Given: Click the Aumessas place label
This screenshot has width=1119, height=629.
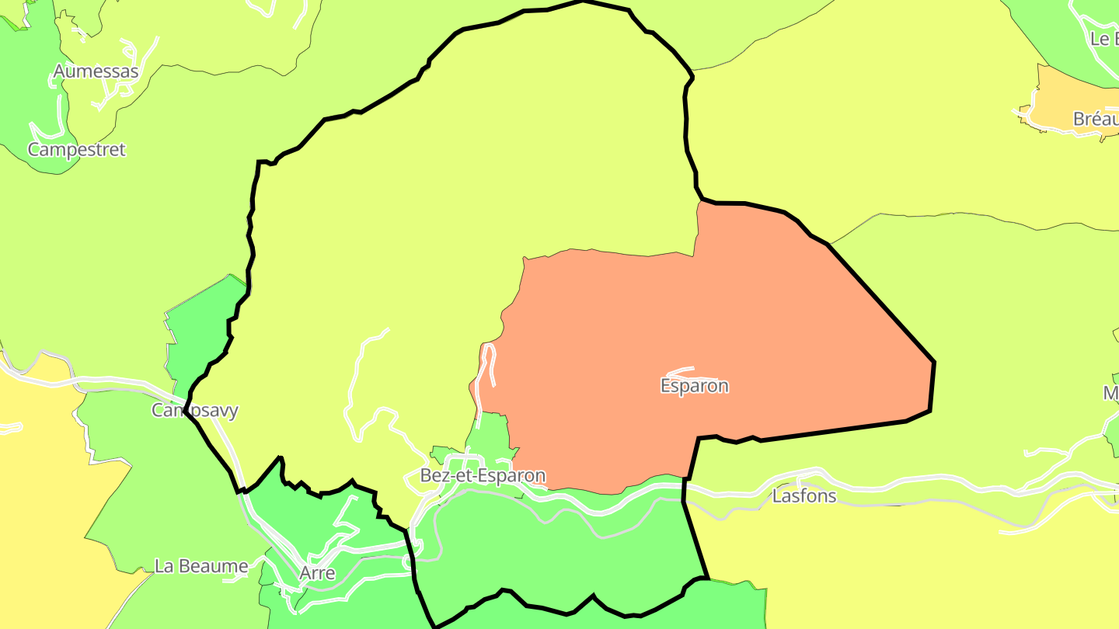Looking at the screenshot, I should [x=96, y=72].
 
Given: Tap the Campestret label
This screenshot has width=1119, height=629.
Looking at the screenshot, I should [x=76, y=149].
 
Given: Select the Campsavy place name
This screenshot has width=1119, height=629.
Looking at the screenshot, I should [x=194, y=410].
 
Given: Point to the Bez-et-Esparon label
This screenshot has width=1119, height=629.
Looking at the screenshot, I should [x=483, y=475].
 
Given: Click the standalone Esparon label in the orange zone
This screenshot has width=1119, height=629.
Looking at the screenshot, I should [x=694, y=385].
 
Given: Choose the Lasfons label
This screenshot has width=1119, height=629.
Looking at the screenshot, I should [x=804, y=495].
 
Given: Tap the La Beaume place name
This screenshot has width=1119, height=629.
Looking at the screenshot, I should [x=201, y=565].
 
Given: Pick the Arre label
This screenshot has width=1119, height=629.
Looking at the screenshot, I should [x=317, y=573].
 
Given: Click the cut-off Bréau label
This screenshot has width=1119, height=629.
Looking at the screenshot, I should [x=1096, y=119].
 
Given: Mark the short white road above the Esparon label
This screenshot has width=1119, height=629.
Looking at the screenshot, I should [x=681, y=370].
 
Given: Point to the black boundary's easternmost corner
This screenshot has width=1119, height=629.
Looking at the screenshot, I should [x=933, y=362].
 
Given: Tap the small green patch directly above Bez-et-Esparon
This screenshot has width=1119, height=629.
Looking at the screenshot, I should [x=490, y=435].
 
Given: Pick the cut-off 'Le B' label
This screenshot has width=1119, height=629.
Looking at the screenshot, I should [x=1103, y=39].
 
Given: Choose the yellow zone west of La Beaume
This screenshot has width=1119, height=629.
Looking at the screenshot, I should [x=39, y=505].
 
